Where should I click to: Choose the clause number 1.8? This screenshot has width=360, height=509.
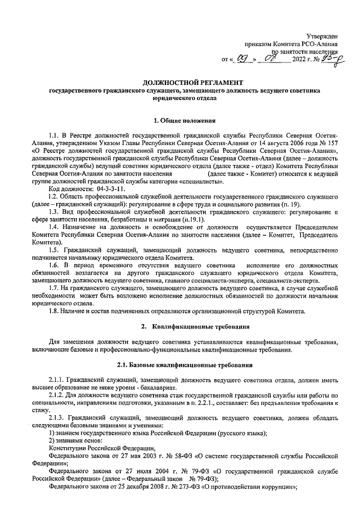click(54, 311)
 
